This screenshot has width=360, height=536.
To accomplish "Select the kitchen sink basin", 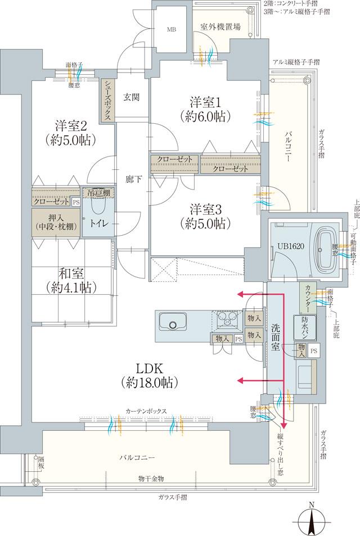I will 173,323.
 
